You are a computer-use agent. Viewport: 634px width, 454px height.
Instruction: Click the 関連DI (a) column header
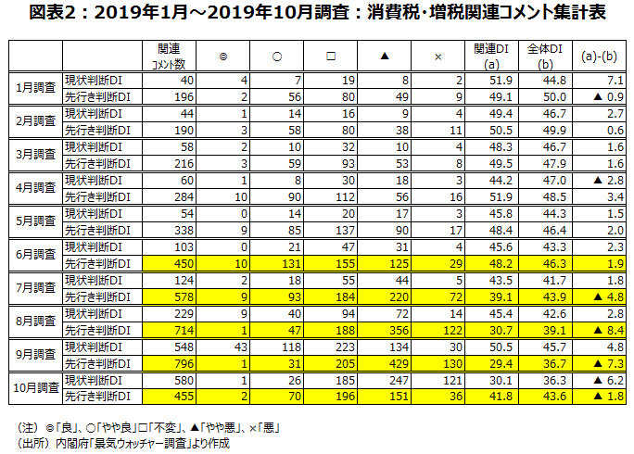(491, 56)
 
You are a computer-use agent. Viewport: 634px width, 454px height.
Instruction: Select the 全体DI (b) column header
(542, 56)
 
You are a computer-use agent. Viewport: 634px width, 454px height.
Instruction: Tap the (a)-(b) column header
(593, 56)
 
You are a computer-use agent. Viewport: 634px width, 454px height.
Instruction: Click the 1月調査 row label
(36, 89)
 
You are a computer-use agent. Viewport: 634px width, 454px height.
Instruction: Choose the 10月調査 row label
(36, 387)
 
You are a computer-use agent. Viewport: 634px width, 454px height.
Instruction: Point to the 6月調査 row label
(36, 255)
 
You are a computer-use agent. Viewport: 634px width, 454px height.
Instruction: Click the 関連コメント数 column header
(168, 56)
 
